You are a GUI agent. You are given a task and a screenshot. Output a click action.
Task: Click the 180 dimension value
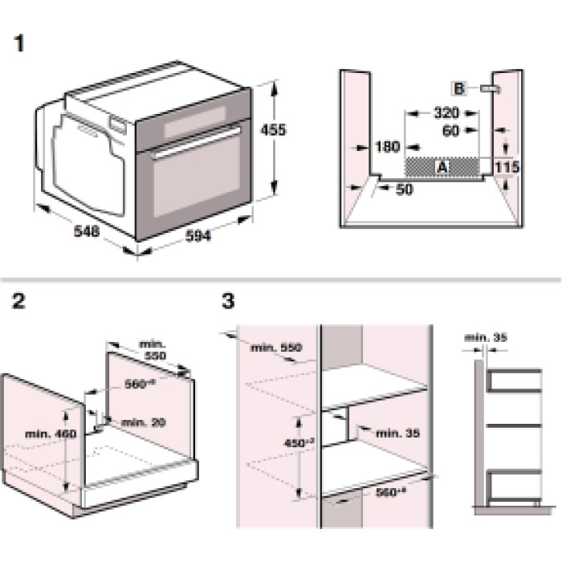(x=387, y=147)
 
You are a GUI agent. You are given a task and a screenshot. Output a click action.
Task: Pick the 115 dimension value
(x=507, y=166)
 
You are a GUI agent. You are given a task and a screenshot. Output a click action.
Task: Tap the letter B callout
(x=459, y=88)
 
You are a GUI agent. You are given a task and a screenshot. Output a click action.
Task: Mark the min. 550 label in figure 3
(x=274, y=348)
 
